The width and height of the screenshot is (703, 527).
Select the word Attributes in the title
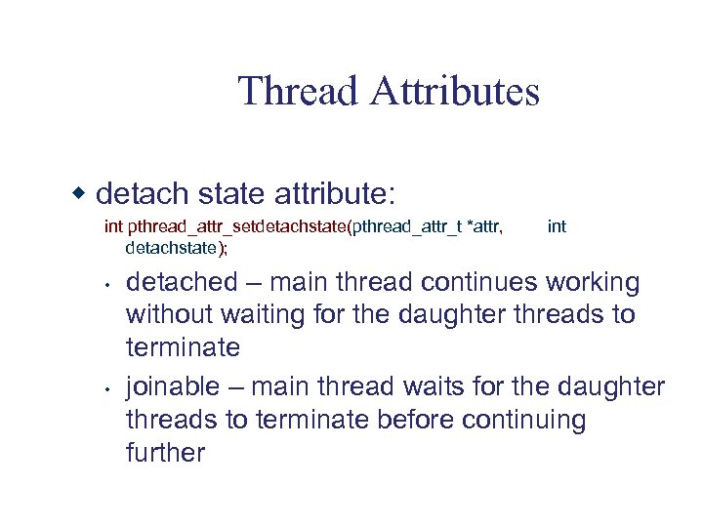tap(454, 92)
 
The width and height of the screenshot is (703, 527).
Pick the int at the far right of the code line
tap(557, 227)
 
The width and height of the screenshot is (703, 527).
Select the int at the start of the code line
tap(113, 227)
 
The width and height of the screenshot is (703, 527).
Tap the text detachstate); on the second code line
tap(177, 248)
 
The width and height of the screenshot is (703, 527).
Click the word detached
tap(183, 283)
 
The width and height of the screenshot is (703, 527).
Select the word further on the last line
tap(166, 453)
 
